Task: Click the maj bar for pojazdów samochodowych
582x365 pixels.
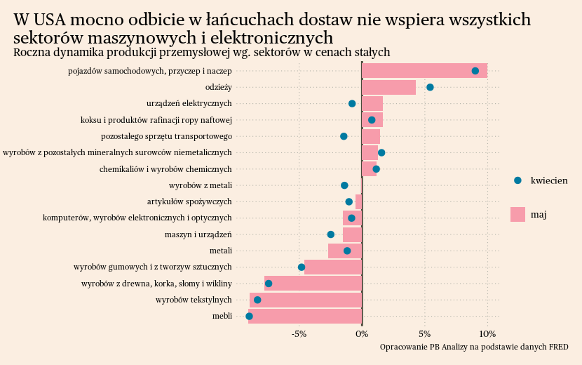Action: pyautogui.click(x=424, y=71)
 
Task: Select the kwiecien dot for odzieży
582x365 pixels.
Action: pyautogui.click(x=430, y=87)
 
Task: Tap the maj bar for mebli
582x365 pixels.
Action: pyautogui.click(x=305, y=317)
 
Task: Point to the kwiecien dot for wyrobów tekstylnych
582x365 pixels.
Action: pyautogui.click(x=257, y=300)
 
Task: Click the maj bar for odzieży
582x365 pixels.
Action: pyautogui.click(x=388, y=87)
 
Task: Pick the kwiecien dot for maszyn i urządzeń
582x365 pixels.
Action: pyautogui.click(x=331, y=234)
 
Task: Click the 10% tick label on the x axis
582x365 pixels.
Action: pyautogui.click(x=487, y=333)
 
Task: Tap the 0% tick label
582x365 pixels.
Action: pyautogui.click(x=362, y=333)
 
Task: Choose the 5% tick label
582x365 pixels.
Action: pyautogui.click(x=424, y=333)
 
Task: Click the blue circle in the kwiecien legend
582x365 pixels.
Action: pyautogui.click(x=517, y=180)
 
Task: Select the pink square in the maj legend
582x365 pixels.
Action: pyautogui.click(x=517, y=214)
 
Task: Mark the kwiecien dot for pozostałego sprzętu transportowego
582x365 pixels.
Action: pyautogui.click(x=344, y=136)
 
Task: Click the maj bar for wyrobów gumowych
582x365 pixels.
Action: pyautogui.click(x=333, y=267)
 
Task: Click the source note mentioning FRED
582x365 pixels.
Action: pyautogui.click(x=473, y=347)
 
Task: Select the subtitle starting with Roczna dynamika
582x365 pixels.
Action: pyautogui.click(x=202, y=53)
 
